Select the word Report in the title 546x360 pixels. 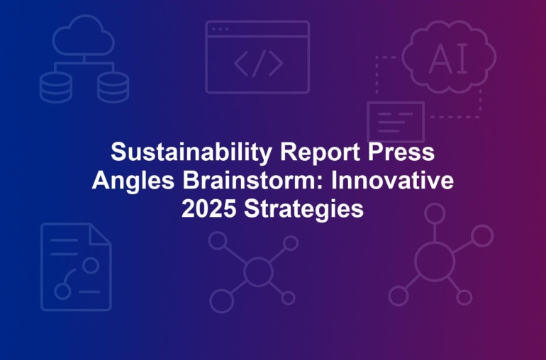click(x=320, y=152)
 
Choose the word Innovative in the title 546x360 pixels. click(x=392, y=180)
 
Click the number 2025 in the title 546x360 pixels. click(x=209, y=209)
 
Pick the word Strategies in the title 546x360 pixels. click(x=304, y=210)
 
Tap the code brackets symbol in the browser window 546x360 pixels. click(x=258, y=63)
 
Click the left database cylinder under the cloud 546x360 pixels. click(x=56, y=87)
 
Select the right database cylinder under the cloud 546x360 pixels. click(x=113, y=87)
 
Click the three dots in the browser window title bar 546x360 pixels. click(x=220, y=29)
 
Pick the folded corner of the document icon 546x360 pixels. click(x=101, y=234)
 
